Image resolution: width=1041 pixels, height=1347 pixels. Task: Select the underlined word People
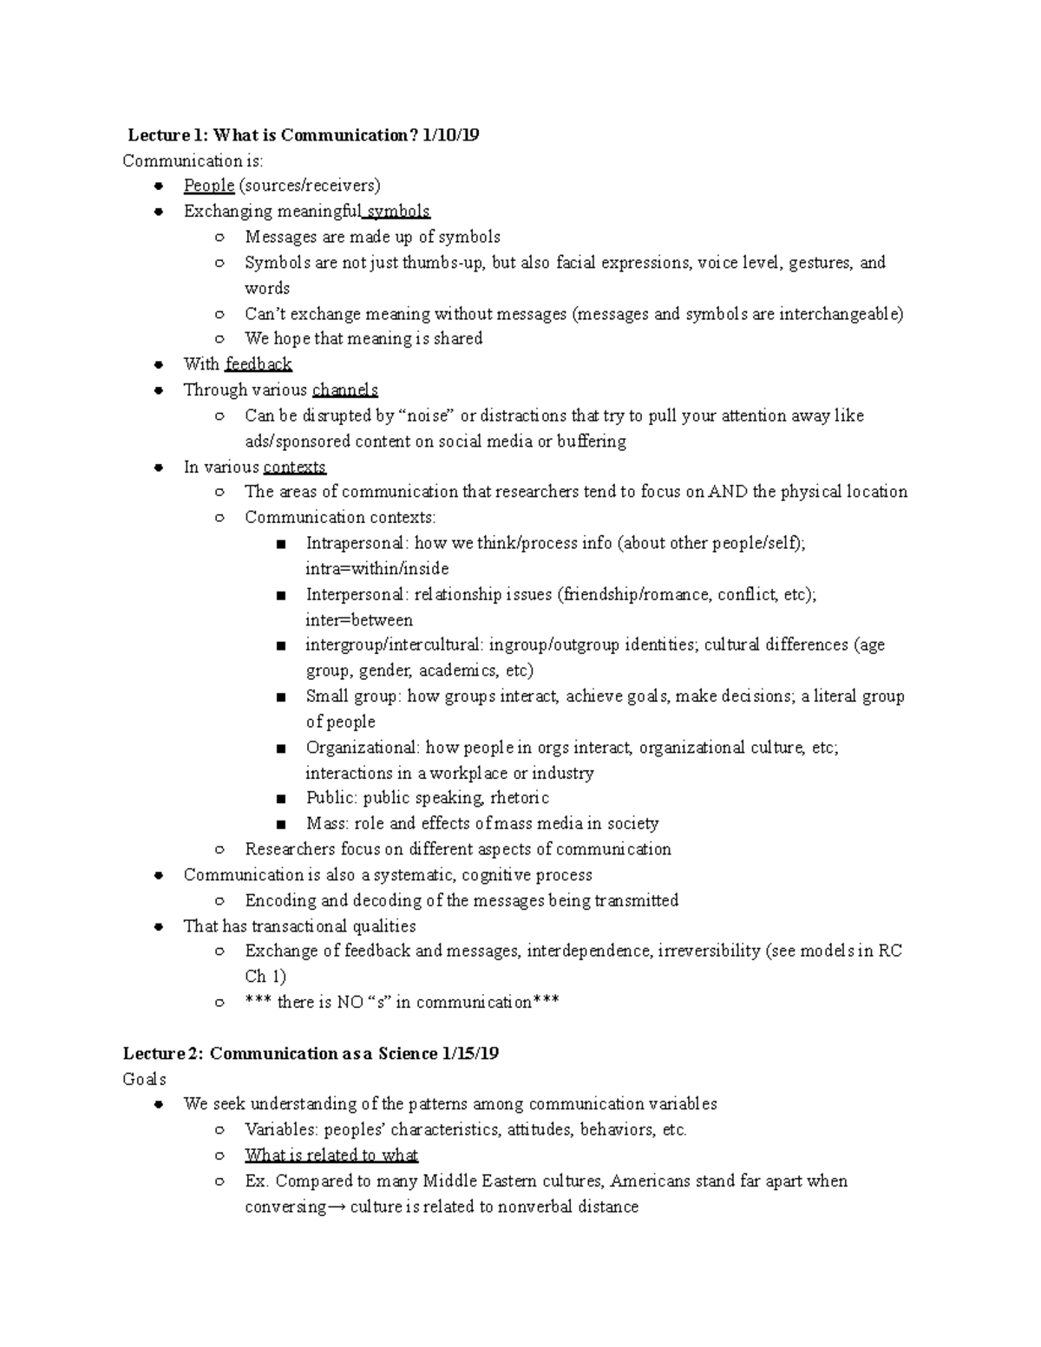pos(209,186)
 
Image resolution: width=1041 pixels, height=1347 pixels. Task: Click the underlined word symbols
pos(398,212)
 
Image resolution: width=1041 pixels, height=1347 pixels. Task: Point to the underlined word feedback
pos(259,364)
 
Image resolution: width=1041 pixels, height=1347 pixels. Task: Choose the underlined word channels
pos(344,390)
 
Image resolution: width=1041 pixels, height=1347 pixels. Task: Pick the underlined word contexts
pos(295,468)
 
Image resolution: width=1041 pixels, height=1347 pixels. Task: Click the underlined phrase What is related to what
pos(331,1155)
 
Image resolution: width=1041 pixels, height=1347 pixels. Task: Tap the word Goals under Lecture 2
pos(145,1080)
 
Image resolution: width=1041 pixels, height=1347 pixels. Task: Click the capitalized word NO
pos(350,1003)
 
